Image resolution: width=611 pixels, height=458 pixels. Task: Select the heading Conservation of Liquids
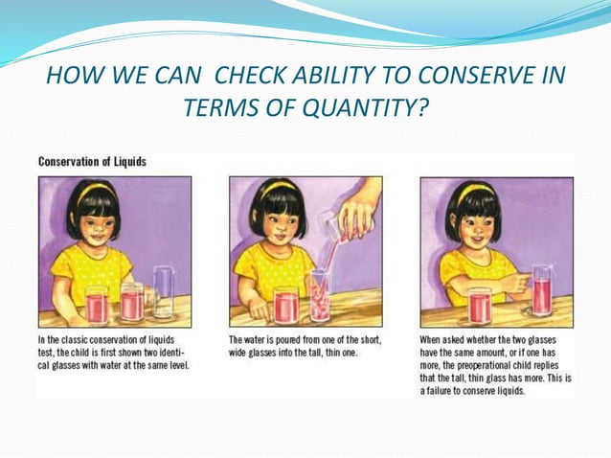point(92,162)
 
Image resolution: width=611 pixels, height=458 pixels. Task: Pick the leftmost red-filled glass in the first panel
point(97,304)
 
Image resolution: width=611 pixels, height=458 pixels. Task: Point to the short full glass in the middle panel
point(285,305)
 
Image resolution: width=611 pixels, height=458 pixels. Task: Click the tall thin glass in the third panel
point(543,289)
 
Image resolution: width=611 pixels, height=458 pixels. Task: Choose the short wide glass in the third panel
point(479,306)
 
